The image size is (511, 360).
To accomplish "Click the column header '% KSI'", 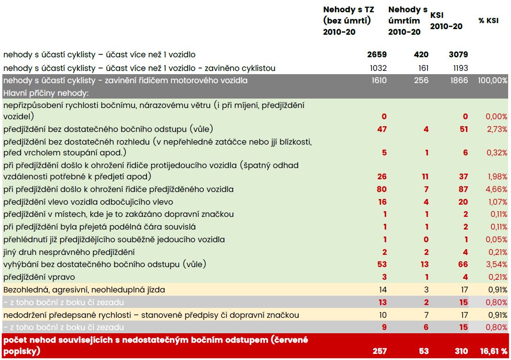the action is pyautogui.click(x=488, y=21).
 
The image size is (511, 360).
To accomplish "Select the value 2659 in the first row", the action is pyautogui.click(x=377, y=54).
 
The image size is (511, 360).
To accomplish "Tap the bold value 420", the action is pyautogui.click(x=421, y=54).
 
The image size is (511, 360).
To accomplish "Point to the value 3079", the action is pyautogui.click(x=458, y=54).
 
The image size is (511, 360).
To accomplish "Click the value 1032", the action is pyautogui.click(x=378, y=68).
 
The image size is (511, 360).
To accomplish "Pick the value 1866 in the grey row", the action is pyautogui.click(x=459, y=80).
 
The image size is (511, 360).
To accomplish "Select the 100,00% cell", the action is pyautogui.click(x=492, y=80).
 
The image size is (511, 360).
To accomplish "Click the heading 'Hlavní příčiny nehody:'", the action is pyautogui.click(x=46, y=93).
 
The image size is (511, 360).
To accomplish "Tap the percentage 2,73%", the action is pyautogui.click(x=497, y=130).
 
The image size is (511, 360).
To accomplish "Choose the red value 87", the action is pyautogui.click(x=463, y=189).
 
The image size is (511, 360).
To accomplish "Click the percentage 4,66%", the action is pyautogui.click(x=496, y=189).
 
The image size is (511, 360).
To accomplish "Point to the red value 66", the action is pyautogui.click(x=463, y=264).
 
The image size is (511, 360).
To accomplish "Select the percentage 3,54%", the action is pyautogui.click(x=496, y=264).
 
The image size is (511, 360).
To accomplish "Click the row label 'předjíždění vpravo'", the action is pyautogui.click(x=39, y=277).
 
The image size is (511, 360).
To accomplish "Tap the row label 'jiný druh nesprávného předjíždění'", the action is pyautogui.click(x=69, y=252).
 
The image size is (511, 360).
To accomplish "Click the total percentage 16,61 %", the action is pyautogui.click(x=494, y=351).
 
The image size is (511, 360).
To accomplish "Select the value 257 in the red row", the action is pyautogui.click(x=379, y=351).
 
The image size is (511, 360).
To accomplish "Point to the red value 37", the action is pyautogui.click(x=463, y=176).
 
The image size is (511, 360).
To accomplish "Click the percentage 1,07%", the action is pyautogui.click(x=498, y=202).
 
